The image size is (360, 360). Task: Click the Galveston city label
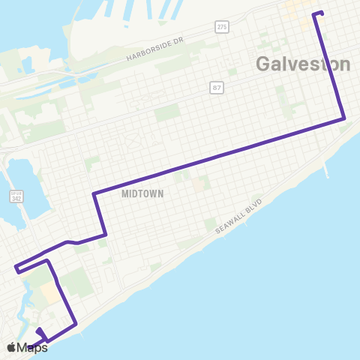[x=303, y=64]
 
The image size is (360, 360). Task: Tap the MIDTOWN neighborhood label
[x=142, y=193]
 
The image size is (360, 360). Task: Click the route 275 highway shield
[x=220, y=27]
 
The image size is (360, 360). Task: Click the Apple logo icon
[x=12, y=347]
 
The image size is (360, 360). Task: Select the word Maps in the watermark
[x=34, y=347]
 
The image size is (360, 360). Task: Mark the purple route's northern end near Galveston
[x=321, y=13]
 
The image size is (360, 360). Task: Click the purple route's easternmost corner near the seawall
[x=343, y=118]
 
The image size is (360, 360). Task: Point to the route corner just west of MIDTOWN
[x=94, y=194]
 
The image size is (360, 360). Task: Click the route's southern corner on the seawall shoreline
[x=76, y=324]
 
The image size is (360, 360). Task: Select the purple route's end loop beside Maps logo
[x=39, y=332]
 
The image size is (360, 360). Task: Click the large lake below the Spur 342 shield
[x=16, y=177]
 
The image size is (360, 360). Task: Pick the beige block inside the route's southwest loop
[x=50, y=292]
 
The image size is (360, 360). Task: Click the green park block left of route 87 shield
[x=167, y=112]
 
